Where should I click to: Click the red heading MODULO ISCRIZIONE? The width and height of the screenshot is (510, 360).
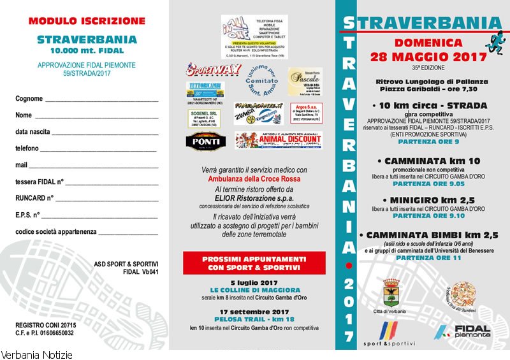tap(87, 21)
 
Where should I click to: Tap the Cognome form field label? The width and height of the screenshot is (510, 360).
tap(29, 99)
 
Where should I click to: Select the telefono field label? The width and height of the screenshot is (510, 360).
tap(27, 148)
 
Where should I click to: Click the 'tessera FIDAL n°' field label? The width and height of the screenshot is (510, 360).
tap(40, 182)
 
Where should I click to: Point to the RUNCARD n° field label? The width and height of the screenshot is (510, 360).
tap(34, 198)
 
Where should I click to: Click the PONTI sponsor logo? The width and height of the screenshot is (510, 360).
tap(205, 141)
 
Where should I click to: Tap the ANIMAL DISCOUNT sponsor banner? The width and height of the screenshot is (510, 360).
tap(278, 140)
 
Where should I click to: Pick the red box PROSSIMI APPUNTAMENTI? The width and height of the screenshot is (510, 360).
tap(254, 263)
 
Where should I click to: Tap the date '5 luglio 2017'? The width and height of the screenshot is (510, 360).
tap(254, 282)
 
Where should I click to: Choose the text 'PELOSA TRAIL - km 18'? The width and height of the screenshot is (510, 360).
tap(254, 320)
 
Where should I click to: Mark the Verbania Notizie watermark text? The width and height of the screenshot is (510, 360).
tap(37, 354)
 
